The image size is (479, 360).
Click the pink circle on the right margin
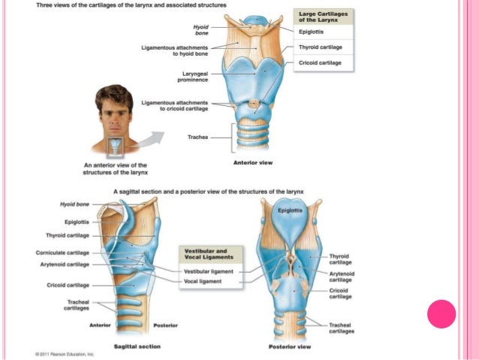[441, 313]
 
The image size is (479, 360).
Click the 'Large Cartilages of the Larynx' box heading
[324, 18]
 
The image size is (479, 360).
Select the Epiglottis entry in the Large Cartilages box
[312, 32]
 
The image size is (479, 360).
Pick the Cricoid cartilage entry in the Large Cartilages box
[320, 62]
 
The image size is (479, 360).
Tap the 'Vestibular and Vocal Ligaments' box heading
[206, 253]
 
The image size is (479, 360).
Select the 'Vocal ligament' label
[201, 281]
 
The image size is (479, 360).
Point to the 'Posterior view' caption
[290, 346]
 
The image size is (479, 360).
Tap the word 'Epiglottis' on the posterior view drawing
[290, 210]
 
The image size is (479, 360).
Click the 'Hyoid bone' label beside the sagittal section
[74, 204]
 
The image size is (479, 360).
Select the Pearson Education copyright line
[64, 353]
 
